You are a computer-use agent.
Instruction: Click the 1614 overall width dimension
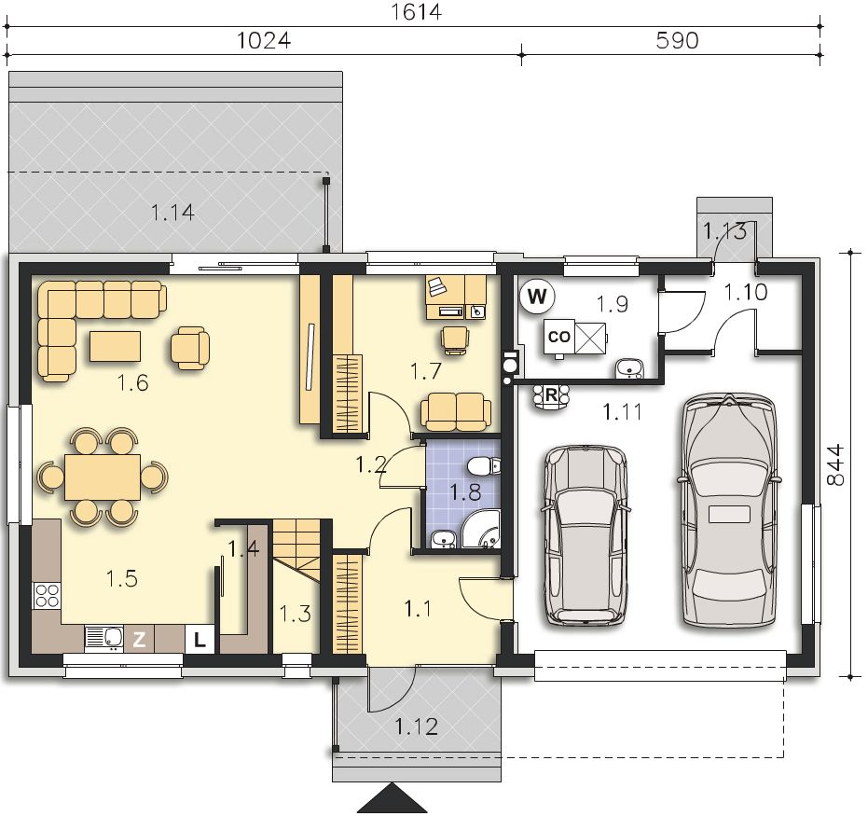[416, 11]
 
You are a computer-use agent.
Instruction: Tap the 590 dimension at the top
[677, 40]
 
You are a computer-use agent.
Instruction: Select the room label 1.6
[133, 383]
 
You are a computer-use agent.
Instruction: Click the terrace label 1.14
[172, 213]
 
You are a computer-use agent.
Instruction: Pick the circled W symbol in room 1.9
[537, 297]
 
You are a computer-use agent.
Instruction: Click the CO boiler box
[559, 337]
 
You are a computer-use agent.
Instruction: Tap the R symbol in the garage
[551, 395]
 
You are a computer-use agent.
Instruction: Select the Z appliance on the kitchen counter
[139, 640]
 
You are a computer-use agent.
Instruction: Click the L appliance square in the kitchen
[200, 640]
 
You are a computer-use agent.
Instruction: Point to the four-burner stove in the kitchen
[47, 596]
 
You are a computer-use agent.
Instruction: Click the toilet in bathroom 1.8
[483, 466]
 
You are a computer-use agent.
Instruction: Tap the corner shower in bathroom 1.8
[481, 530]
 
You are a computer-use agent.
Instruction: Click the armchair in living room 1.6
[190, 348]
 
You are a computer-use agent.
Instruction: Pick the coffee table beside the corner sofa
[116, 346]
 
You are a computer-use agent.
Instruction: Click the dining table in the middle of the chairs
[103, 477]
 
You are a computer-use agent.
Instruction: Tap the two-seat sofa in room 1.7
[456, 412]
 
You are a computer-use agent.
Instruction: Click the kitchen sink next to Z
[104, 637]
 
